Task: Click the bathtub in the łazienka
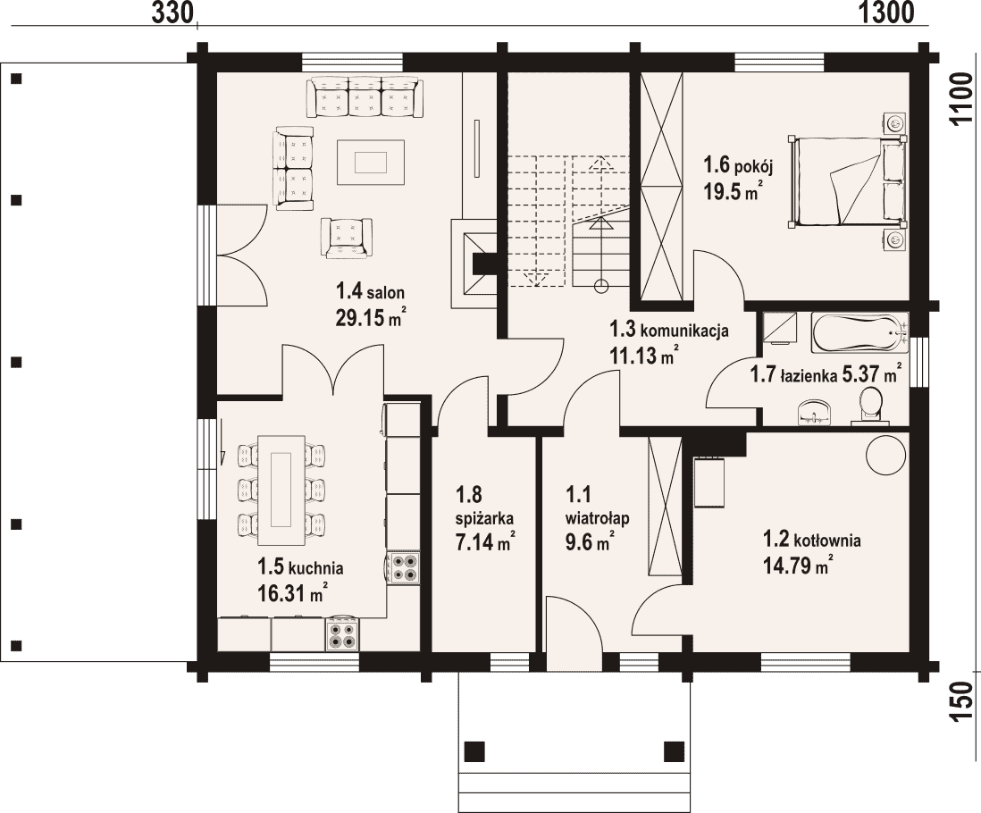coord(859,333)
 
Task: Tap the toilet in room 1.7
coord(869,406)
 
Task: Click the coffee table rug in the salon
coord(371,163)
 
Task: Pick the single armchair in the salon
coord(346,238)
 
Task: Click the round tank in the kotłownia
coord(885,455)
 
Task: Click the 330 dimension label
coord(172,12)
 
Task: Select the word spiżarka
coord(485,519)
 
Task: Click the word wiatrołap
coord(597,518)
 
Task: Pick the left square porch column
coord(474,750)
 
